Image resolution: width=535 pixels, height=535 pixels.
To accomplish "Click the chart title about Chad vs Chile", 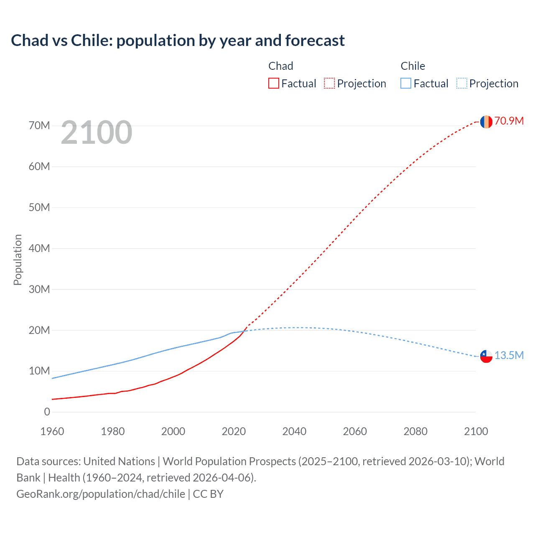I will [178, 41].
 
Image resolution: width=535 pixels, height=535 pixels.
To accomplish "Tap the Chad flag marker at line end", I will [486, 122].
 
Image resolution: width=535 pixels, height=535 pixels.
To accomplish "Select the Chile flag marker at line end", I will [486, 356].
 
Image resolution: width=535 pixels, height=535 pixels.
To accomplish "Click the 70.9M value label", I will [509, 121].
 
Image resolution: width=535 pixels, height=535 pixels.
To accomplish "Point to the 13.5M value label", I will [509, 355].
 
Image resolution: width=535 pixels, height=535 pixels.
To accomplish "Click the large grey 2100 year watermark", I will [97, 132].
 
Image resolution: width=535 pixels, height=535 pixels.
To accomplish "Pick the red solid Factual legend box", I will [274, 83].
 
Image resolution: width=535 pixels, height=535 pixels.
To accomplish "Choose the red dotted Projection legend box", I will [329, 83].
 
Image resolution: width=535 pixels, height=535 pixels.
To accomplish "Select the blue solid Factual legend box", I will [406, 83].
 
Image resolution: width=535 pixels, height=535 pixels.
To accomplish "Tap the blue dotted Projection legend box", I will [462, 83].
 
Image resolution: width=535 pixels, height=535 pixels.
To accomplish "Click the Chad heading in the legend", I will [280, 66].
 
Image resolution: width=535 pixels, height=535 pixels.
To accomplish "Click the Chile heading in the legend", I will [413, 66].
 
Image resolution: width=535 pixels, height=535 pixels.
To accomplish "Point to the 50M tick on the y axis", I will [39, 207].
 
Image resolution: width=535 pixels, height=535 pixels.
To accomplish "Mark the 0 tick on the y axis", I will [47, 412].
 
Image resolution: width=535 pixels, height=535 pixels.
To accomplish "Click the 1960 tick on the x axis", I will [52, 431].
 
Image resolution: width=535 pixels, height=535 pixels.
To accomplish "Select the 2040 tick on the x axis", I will [294, 431].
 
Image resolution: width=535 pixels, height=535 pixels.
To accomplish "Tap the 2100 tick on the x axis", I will [476, 431].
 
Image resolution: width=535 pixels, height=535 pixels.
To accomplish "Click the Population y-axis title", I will [18, 260].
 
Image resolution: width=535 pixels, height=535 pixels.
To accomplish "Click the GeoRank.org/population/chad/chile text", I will [101, 494].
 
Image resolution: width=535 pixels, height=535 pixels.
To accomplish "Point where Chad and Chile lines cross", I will [244, 331].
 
